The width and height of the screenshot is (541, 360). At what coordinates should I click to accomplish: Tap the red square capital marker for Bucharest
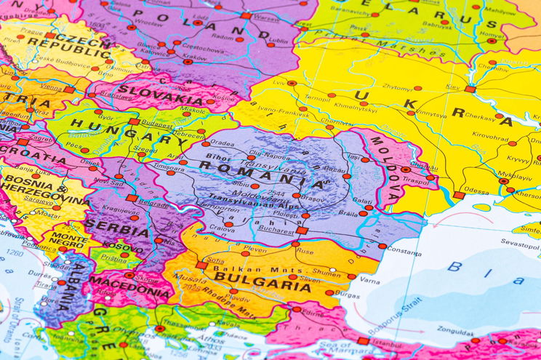coord(301,231)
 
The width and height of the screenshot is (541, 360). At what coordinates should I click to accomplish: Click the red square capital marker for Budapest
coord(133,121)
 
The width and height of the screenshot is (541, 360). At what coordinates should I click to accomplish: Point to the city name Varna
coord(370,280)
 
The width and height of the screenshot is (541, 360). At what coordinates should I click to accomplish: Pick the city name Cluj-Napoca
coord(268,156)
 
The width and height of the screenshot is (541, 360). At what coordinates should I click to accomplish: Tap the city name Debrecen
coord(189,135)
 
